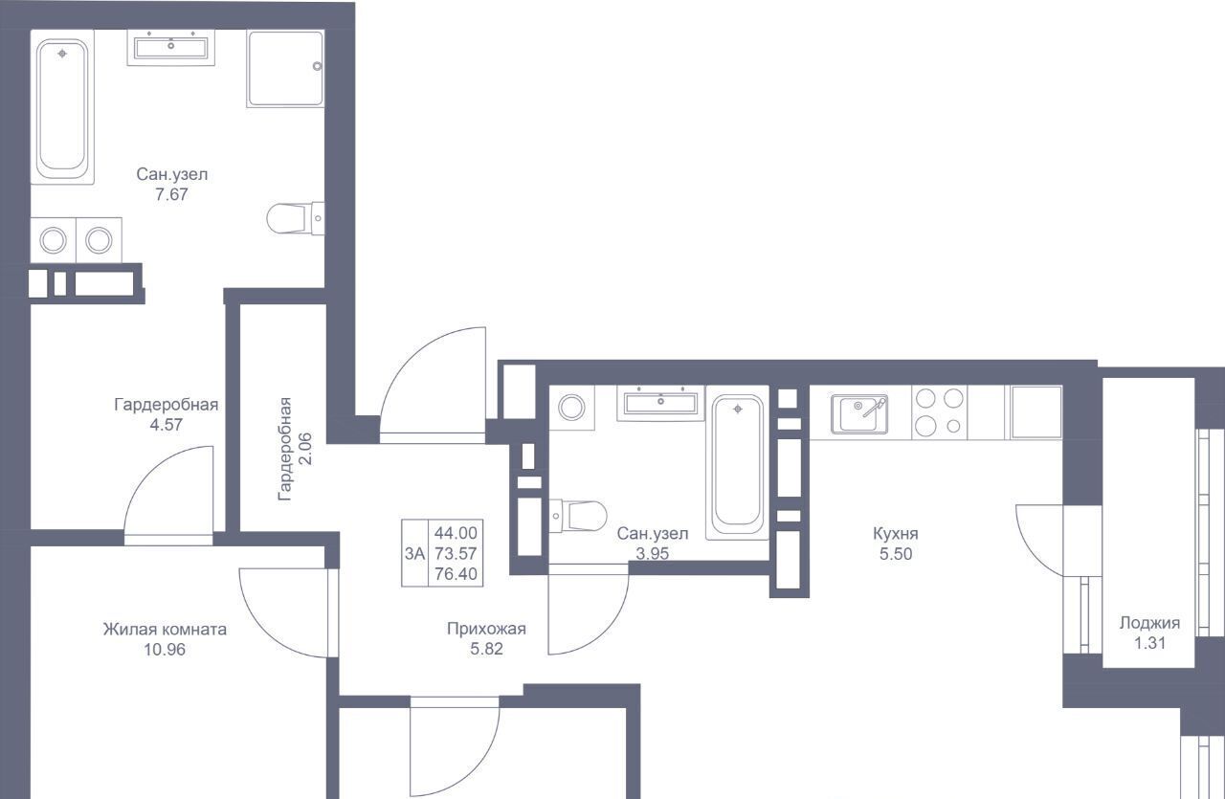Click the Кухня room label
coord(895,533)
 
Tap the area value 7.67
coord(171,194)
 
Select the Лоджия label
coord(1149,623)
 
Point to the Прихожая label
coord(486,629)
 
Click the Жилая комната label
coord(165,630)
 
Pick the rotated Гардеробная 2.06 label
coord(295,449)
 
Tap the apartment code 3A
coord(414,553)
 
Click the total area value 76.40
coord(456,574)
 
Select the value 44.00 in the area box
coord(456,533)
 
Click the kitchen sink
coord(859,414)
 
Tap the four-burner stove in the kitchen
coord(939,412)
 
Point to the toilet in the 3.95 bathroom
coord(578,515)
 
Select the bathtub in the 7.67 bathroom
coord(62,106)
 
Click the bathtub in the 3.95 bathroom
coord(738,463)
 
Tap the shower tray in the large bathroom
coord(285,68)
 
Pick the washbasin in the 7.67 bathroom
coord(171,48)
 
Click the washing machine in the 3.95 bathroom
coord(571,408)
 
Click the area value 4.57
coord(167,425)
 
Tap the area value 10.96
coord(165,650)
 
